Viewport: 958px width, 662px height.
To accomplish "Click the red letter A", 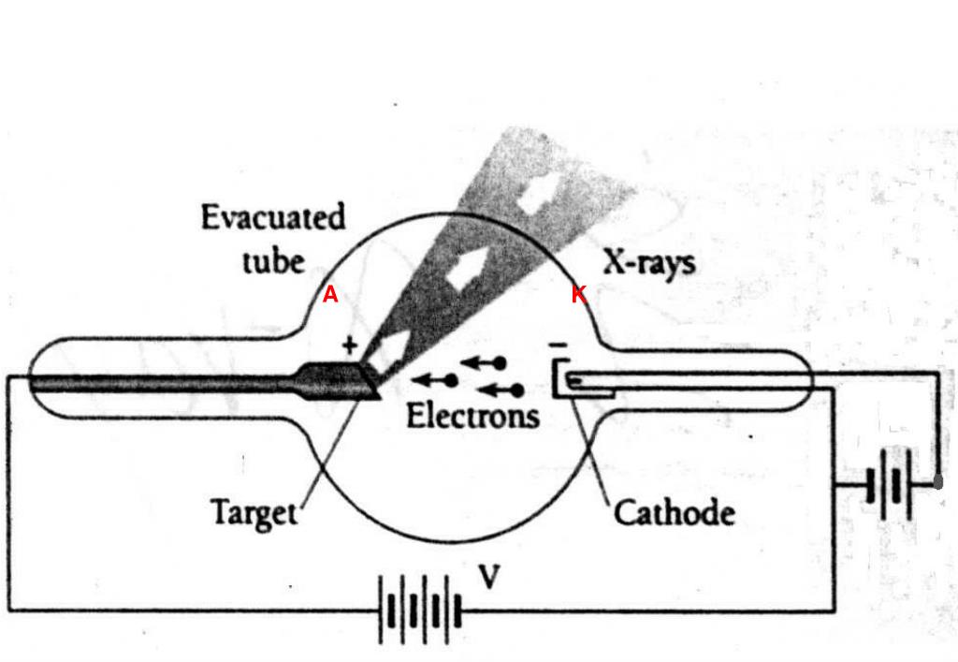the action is pyautogui.click(x=330, y=295).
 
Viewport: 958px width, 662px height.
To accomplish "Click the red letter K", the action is pyautogui.click(x=579, y=295).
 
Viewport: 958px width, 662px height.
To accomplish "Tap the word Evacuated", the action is pyautogui.click(x=273, y=218).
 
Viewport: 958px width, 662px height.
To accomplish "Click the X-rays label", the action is pyautogui.click(x=648, y=262).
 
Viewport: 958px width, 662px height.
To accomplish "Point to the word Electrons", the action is pyautogui.click(x=472, y=415).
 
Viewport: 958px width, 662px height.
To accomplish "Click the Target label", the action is pyautogui.click(x=254, y=513).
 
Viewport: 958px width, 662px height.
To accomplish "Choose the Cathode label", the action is pyautogui.click(x=674, y=513).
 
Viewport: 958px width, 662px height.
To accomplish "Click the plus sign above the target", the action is pyautogui.click(x=350, y=345).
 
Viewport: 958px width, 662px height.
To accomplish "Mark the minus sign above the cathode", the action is pyautogui.click(x=558, y=346).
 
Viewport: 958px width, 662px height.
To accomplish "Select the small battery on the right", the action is pyautogui.click(x=888, y=485).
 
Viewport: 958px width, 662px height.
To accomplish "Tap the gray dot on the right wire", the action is pyautogui.click(x=938, y=483).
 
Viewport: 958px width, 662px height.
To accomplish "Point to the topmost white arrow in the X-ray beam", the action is pyautogui.click(x=539, y=192).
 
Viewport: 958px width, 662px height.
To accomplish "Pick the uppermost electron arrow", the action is pyautogui.click(x=486, y=362).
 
